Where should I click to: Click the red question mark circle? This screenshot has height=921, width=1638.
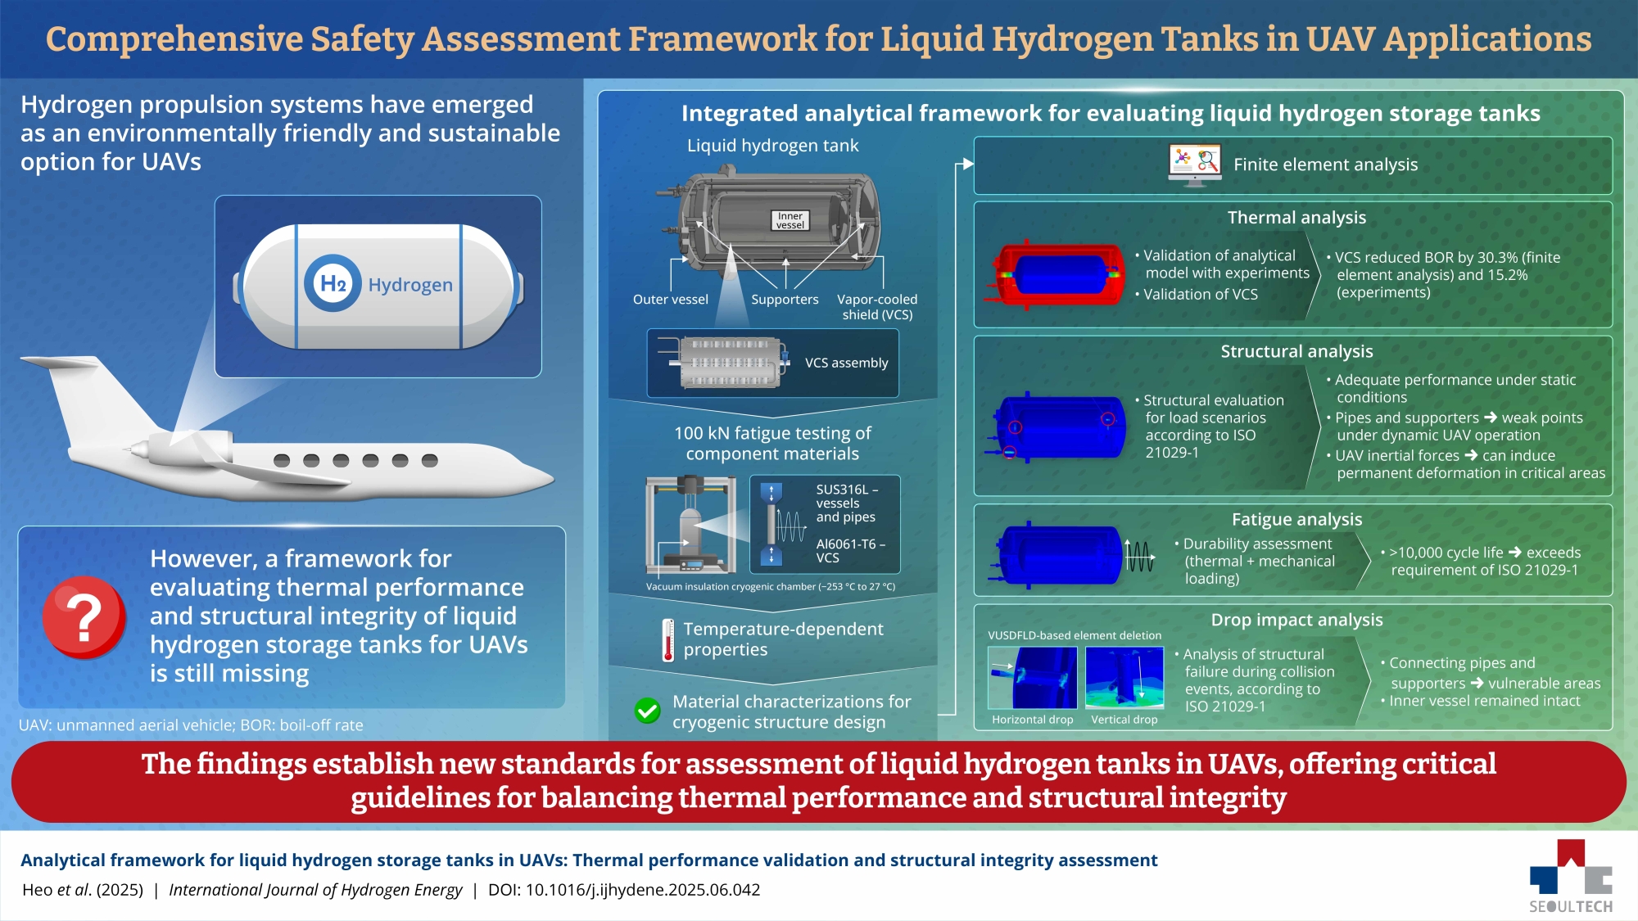click(x=84, y=617)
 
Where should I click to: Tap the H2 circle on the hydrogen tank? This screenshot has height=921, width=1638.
click(x=333, y=283)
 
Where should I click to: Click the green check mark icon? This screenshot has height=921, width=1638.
click(x=647, y=711)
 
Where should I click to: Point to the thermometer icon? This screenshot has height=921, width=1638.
click(x=668, y=639)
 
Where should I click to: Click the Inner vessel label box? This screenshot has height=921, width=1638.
click(x=790, y=220)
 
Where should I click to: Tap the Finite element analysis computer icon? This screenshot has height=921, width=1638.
click(x=1194, y=165)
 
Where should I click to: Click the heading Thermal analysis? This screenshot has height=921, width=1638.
click(x=1296, y=218)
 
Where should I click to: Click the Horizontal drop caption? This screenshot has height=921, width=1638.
click(x=1032, y=720)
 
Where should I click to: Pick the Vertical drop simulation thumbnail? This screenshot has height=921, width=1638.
click(x=1124, y=677)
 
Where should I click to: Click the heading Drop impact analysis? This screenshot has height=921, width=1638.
click(x=1296, y=620)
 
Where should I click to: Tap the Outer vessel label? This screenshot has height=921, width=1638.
click(x=670, y=300)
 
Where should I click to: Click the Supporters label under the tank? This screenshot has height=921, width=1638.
click(x=785, y=300)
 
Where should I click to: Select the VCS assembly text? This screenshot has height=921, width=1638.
click(x=846, y=363)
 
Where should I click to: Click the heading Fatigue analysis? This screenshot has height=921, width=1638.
click(x=1296, y=520)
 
